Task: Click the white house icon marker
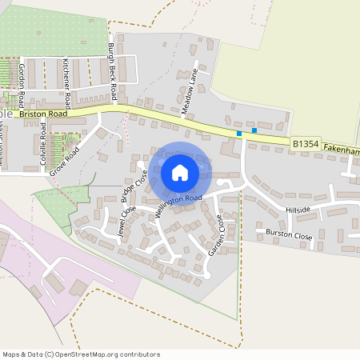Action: point(180,173)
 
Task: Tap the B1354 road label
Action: point(306,144)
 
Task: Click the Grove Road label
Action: point(66,160)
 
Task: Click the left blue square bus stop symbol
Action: point(238,134)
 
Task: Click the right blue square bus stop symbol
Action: point(254,130)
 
